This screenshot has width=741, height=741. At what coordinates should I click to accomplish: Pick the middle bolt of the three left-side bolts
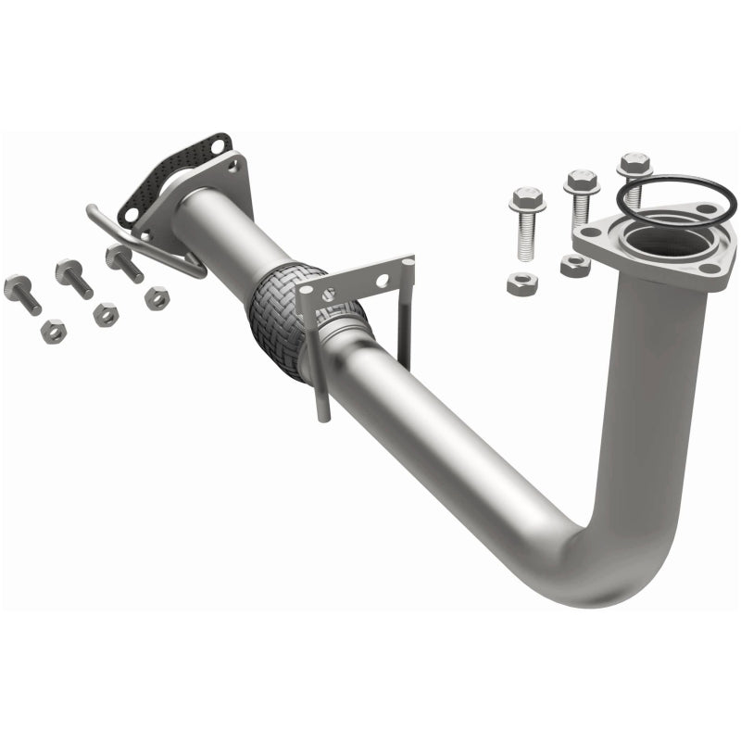point(73,277)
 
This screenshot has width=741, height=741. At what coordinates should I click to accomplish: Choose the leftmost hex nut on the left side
point(54,331)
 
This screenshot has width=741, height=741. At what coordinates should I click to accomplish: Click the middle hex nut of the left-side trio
point(106,314)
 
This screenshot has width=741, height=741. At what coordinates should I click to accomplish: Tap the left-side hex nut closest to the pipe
point(157,297)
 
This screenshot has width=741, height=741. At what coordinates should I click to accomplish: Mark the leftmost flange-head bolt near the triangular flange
point(525,222)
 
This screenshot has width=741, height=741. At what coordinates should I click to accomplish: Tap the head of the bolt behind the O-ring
point(634,165)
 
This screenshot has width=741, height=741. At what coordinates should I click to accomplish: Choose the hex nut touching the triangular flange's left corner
point(574,265)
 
